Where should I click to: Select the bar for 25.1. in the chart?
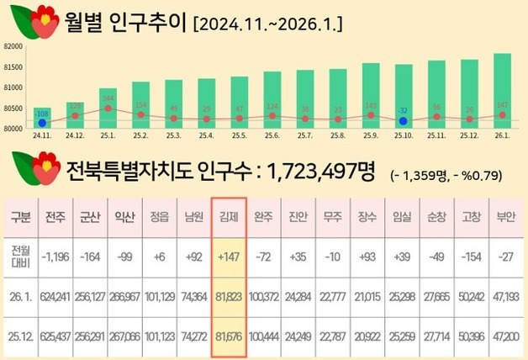[x=108, y=108]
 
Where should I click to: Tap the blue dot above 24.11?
[x=42, y=123]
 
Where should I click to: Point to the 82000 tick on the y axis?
[x=15, y=47]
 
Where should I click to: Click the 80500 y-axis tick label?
[x=15, y=109]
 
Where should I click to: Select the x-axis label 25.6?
[x=272, y=135]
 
